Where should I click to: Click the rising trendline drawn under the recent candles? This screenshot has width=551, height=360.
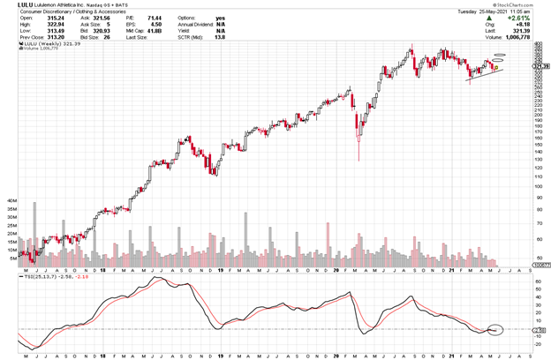484,73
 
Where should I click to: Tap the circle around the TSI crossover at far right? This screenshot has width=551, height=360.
494,330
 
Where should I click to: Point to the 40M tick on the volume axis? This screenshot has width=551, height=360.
12,201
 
